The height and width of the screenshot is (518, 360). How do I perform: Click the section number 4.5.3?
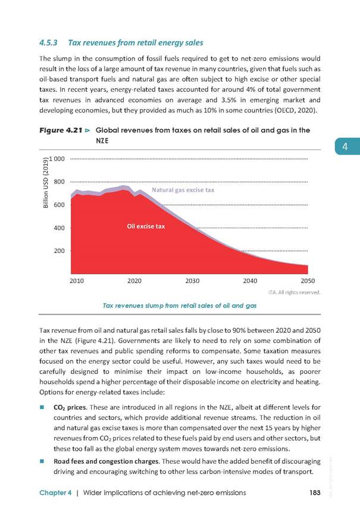tap(48, 43)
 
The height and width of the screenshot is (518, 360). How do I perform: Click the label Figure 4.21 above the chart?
tap(61, 130)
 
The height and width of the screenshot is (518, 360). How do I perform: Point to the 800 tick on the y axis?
tap(59, 182)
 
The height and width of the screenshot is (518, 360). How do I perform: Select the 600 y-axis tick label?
tap(59, 205)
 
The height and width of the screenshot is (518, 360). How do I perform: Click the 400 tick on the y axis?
tap(59, 228)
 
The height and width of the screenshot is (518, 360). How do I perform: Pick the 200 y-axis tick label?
tap(59, 251)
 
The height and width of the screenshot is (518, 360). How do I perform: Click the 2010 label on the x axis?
tap(77, 281)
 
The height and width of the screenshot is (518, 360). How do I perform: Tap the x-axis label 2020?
tap(134, 281)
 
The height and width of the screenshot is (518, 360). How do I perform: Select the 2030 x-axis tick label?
tap(192, 281)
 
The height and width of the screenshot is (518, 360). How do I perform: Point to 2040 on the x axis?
tap(250, 281)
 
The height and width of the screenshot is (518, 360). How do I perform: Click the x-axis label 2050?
tap(308, 281)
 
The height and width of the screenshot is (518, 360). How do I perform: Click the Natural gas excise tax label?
tap(183, 190)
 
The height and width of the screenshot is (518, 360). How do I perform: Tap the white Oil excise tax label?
tap(146, 226)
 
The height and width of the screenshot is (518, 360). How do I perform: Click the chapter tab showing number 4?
tap(348, 146)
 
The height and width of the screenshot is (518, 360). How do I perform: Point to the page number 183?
tap(315, 492)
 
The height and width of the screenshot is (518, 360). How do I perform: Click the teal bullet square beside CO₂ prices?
tap(42, 407)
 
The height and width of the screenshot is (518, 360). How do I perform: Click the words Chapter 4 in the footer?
tap(55, 492)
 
